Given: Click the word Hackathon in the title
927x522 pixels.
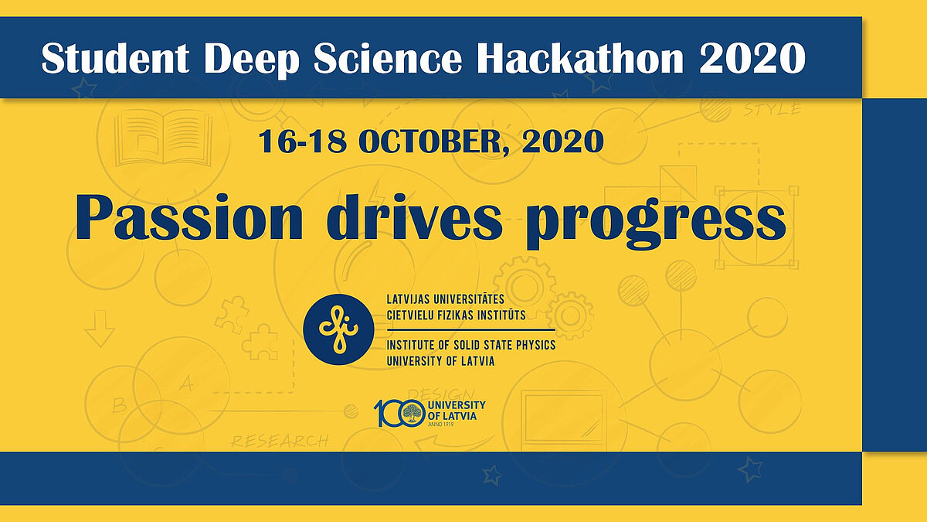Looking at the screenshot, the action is pos(580,59).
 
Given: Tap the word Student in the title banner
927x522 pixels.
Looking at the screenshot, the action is pos(115,59).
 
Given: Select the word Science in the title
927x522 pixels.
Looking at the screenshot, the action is pos(387,59).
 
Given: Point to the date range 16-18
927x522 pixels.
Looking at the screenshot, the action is pos(303,142).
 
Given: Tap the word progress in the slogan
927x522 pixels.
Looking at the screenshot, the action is pos(656,222).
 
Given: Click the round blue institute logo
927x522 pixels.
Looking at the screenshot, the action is pos(338,329).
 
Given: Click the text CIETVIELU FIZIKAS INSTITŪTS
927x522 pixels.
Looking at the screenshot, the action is pos(456,316).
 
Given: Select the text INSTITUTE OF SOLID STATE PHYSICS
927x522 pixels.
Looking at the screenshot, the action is pos(471,345).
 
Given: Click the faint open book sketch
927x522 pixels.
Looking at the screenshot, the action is pos(164,140).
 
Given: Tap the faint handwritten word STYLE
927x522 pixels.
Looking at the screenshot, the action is pos(772,109).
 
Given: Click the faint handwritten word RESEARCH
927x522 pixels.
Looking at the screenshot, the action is pos(280,441).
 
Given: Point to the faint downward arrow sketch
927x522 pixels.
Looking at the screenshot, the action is pos(100,329).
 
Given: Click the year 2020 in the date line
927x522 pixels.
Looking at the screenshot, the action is pos(562,142).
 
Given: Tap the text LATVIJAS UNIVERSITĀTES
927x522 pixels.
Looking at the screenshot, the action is pos(445,299).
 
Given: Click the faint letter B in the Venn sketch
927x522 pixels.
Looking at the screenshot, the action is pos(120,405).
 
